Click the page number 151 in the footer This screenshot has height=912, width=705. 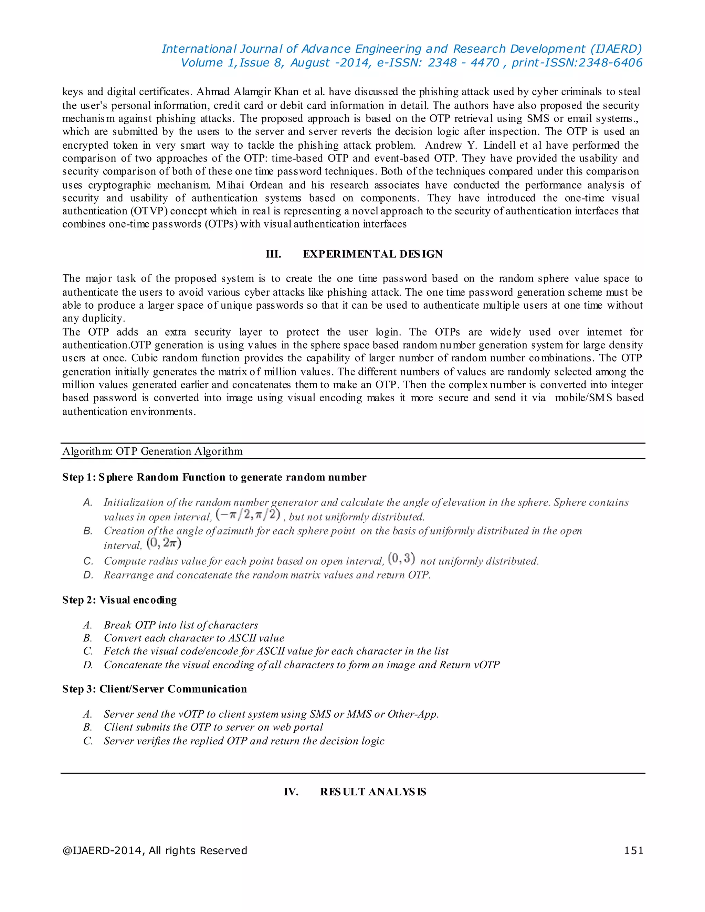coord(633,851)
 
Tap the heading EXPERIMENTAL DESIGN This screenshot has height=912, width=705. coord(372,254)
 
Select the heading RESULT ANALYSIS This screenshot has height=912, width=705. coord(373,792)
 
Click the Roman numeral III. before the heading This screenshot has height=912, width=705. coord(274,254)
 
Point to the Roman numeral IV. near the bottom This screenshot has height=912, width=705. coord(291,792)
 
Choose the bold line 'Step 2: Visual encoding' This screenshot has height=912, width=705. coord(119,600)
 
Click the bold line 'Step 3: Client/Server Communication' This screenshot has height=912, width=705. coord(155,689)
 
